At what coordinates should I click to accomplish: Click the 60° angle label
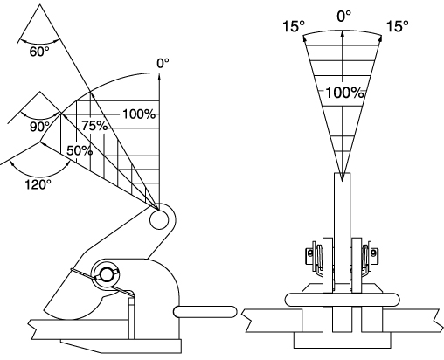point(39,52)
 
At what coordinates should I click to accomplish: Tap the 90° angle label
point(40,127)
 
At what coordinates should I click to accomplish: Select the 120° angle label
point(38,184)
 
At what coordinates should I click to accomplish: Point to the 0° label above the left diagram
point(163,63)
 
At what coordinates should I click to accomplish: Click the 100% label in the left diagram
point(139,114)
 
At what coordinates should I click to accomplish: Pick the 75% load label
point(94,126)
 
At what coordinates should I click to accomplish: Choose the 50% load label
point(80,151)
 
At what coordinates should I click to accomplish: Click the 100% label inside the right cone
point(344,93)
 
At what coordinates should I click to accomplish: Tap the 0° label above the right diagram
point(344,16)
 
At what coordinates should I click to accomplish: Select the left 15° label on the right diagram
point(294,26)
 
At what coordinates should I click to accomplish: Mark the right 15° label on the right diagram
point(398,26)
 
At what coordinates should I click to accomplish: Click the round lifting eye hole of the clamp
point(159,220)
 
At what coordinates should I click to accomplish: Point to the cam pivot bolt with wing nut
point(107,274)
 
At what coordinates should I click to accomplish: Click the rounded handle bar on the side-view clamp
point(205,312)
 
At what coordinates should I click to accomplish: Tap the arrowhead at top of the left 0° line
point(159,76)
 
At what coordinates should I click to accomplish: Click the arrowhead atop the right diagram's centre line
point(343,33)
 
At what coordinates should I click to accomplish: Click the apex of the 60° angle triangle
point(40,4)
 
